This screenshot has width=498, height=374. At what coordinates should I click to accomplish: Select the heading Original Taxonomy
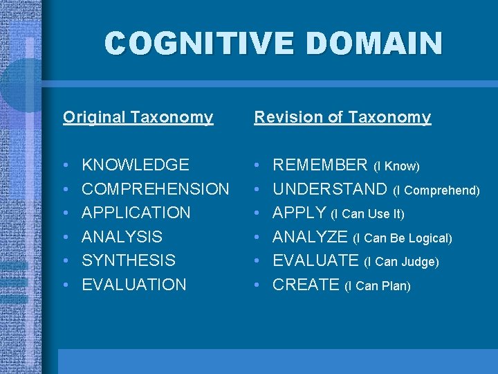[138, 117]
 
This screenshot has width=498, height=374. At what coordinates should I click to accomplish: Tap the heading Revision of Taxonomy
[342, 117]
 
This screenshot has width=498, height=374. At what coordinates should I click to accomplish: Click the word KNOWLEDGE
[136, 165]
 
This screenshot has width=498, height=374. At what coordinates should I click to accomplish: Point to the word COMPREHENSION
[156, 189]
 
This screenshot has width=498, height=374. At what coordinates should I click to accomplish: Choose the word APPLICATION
[136, 213]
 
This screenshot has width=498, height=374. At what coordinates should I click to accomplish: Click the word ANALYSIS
[122, 237]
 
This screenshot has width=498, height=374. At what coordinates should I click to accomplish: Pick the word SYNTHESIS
[129, 260]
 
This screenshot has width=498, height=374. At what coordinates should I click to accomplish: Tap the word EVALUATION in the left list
[134, 285]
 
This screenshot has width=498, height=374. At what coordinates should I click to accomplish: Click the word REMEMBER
[320, 165]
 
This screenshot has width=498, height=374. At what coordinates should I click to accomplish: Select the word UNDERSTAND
[330, 189]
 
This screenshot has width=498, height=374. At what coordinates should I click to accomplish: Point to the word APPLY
[299, 213]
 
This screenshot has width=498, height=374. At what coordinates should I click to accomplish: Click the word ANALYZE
[311, 237]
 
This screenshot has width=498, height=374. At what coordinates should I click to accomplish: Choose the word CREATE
[306, 285]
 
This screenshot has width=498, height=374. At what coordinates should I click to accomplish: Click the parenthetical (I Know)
[396, 166]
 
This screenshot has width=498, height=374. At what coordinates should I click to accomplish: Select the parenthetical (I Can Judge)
[401, 262]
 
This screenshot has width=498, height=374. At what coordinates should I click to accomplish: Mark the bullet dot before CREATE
[257, 285]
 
